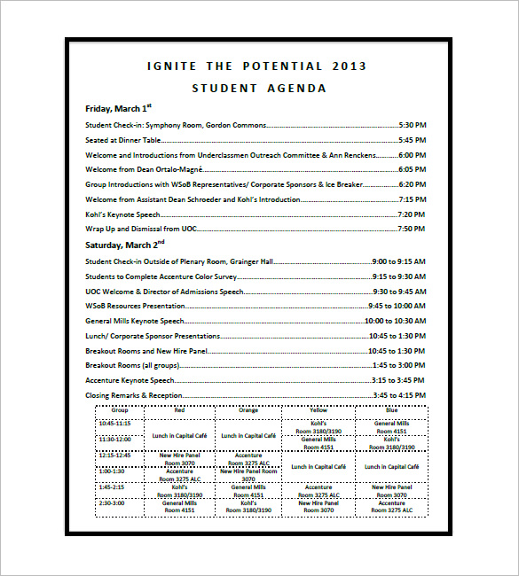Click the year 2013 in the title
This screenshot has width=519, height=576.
[349, 66]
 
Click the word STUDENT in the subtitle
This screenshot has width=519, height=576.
[223, 89]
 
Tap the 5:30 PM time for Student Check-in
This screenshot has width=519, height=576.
[412, 125]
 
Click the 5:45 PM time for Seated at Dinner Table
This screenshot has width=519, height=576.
[412, 140]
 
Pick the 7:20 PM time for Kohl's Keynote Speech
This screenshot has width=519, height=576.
[412, 214]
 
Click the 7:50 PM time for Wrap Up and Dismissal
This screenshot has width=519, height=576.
[412, 229]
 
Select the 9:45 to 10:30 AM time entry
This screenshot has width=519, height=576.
[398, 306]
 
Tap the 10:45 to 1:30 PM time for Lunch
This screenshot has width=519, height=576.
[397, 336]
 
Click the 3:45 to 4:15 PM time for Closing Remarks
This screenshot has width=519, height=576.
[398, 395]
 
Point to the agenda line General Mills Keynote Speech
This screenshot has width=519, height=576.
[135, 321]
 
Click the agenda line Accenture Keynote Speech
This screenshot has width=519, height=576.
[130, 380]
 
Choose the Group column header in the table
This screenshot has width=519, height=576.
[119, 411]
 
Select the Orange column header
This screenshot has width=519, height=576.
[248, 411]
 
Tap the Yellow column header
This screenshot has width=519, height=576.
[318, 411]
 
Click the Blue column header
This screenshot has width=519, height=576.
[391, 411]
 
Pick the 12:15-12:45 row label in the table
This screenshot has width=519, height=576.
[114, 455]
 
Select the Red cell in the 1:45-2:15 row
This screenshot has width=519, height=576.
[179, 490]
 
